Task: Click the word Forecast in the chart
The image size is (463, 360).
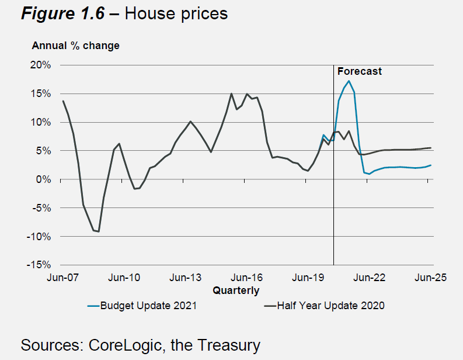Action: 360,71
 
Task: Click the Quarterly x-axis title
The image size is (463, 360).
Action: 236,290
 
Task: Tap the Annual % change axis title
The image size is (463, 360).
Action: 75,46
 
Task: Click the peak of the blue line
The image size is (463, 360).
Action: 349,81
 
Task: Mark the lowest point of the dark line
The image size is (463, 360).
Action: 99,231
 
